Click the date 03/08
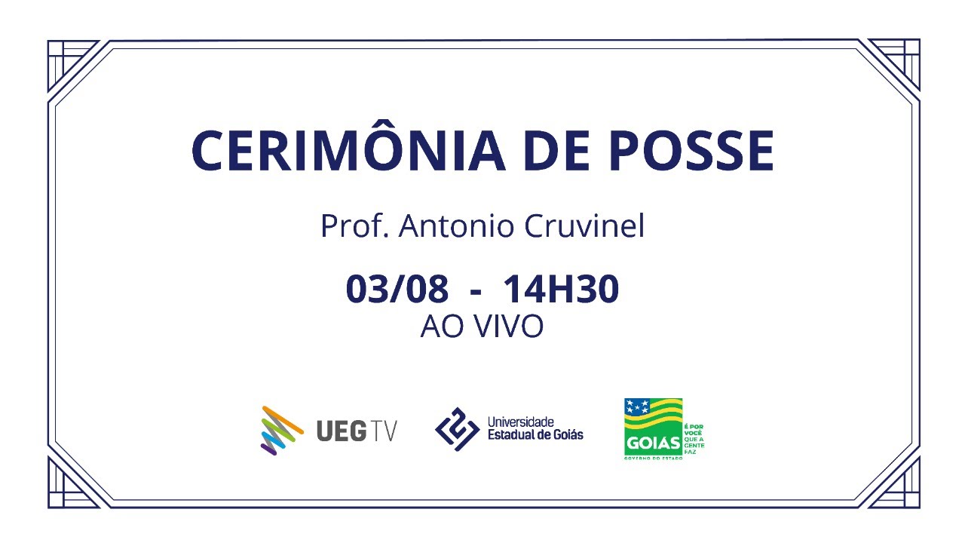point(397,290)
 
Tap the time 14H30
point(561,290)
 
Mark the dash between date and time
point(476,293)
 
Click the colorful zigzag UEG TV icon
point(280,429)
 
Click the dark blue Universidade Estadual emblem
point(457,428)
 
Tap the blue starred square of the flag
point(638,408)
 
